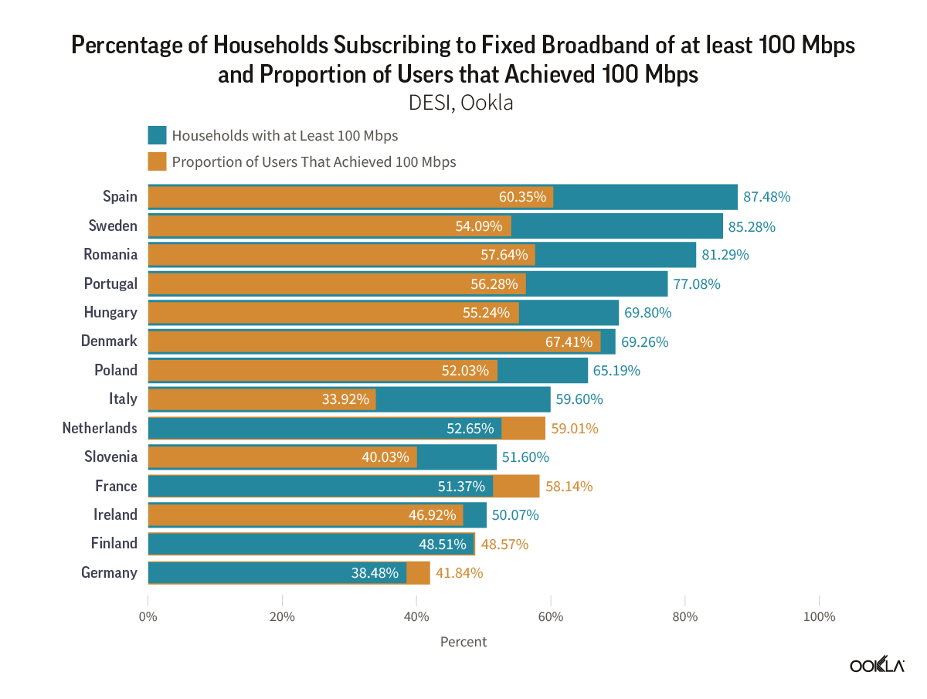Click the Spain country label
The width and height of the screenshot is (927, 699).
(x=120, y=196)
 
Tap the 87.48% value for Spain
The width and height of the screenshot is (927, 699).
(x=766, y=196)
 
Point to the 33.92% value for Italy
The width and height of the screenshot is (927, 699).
(x=345, y=399)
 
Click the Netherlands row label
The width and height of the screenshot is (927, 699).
(x=100, y=428)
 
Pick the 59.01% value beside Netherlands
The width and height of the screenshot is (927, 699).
(x=575, y=428)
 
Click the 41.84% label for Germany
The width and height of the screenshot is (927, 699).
(x=460, y=573)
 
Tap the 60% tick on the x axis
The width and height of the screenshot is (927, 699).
(x=551, y=616)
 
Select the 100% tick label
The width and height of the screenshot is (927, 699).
(x=819, y=616)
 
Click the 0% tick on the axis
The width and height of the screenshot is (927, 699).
(x=148, y=616)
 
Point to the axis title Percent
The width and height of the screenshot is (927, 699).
(x=463, y=642)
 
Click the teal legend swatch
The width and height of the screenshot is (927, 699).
(x=158, y=136)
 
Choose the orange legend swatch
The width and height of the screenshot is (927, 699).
(x=158, y=162)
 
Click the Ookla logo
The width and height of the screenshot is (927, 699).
(x=877, y=666)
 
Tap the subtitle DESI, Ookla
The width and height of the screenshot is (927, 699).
(x=463, y=102)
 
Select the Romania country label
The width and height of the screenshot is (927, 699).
(x=110, y=254)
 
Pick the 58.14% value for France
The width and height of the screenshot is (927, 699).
(x=569, y=486)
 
